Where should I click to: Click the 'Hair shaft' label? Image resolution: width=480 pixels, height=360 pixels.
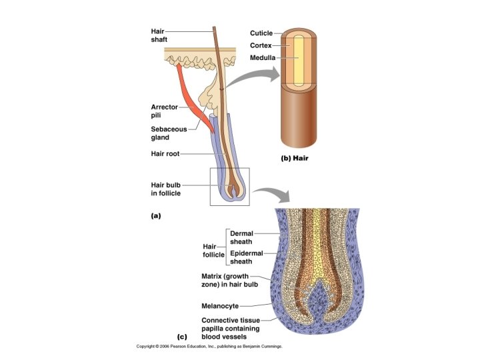(x=159, y=35)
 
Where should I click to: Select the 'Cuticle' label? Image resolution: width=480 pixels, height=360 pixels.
(x=261, y=33)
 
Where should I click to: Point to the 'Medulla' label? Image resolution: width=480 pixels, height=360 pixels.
(x=262, y=58)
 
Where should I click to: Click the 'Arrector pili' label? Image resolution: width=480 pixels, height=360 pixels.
(x=163, y=111)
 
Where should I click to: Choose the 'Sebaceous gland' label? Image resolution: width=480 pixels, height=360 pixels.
(x=169, y=133)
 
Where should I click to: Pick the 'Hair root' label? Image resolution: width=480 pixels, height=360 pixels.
(x=164, y=153)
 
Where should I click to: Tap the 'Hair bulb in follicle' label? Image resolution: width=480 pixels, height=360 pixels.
(x=165, y=189)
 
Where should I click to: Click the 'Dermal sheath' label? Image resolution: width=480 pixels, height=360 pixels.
(x=241, y=238)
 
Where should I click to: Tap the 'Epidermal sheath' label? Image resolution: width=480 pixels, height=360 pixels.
(x=246, y=258)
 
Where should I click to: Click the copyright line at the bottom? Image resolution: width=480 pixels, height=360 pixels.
(x=209, y=347)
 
